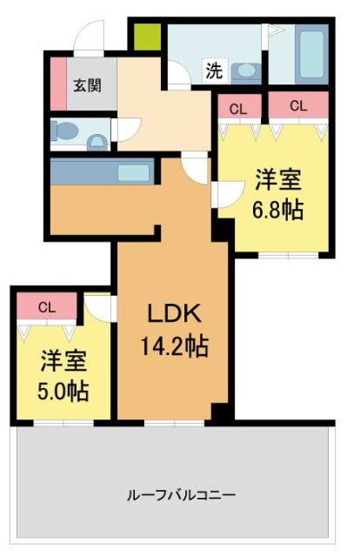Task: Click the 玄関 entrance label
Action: [x=84, y=85]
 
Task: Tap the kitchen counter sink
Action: [x=133, y=171]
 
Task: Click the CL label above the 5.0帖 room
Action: [x=46, y=306]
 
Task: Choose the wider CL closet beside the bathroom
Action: [x=298, y=105]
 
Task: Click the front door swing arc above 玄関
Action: [x=88, y=36]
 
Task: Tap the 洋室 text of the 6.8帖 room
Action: [x=277, y=181]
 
